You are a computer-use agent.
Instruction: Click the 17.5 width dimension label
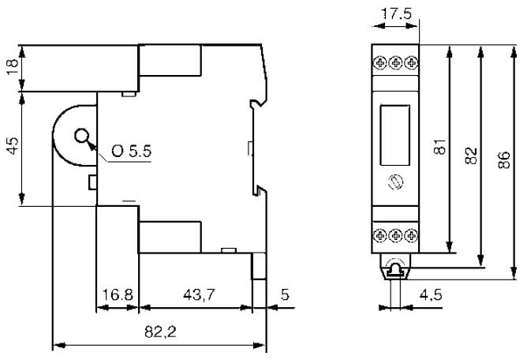click(396, 13)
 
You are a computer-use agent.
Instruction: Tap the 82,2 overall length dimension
click(160, 332)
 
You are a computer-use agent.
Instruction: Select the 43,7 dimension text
click(199, 295)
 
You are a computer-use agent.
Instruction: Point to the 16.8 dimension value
click(118, 294)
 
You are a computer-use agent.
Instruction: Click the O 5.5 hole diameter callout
click(132, 151)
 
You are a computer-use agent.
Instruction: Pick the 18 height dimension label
click(13, 67)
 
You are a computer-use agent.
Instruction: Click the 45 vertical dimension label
click(13, 146)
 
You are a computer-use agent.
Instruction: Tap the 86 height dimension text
click(504, 160)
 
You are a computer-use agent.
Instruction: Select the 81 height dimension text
click(439, 147)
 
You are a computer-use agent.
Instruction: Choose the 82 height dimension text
click(471, 156)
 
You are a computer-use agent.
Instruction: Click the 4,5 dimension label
click(431, 295)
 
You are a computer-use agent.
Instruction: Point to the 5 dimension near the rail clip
click(285, 294)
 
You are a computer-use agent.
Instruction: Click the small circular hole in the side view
click(81, 137)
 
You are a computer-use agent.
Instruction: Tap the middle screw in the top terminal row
click(395, 62)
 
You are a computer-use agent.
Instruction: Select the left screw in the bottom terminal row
click(380, 235)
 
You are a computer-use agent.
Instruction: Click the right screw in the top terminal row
click(411, 62)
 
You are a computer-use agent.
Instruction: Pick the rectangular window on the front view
click(395, 135)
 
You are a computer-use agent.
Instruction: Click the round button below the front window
click(395, 182)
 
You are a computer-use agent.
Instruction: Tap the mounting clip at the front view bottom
click(395, 267)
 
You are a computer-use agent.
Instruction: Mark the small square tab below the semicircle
click(93, 182)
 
